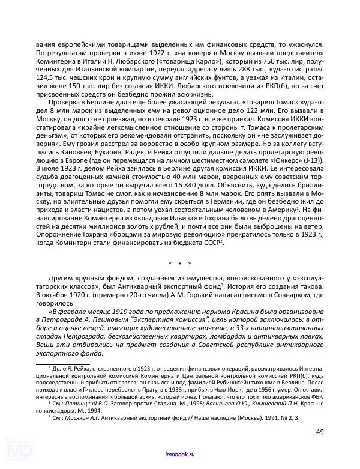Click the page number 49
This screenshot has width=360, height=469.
(320, 431)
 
